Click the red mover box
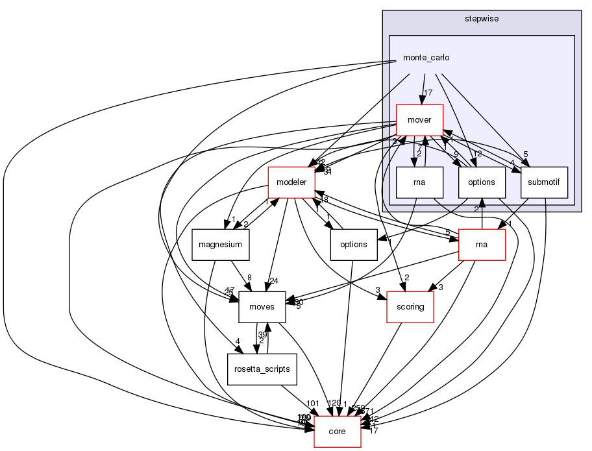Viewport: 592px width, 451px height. [x=419, y=119]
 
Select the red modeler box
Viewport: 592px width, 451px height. [x=291, y=182]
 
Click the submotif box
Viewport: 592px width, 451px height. [x=544, y=182]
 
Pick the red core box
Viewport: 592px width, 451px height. [x=337, y=432]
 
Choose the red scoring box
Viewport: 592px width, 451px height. [x=410, y=307]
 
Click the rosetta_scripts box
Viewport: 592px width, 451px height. [x=262, y=369]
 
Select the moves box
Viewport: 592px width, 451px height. [x=262, y=307]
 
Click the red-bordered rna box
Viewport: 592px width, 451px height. [x=481, y=245]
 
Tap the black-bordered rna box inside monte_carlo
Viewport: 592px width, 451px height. [x=419, y=182]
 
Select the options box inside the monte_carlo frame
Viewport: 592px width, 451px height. [x=481, y=182]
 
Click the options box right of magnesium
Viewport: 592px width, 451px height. [x=354, y=245]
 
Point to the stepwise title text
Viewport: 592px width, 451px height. [x=481, y=19]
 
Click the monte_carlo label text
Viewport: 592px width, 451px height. [x=426, y=58]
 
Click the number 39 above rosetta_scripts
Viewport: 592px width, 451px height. [x=262, y=334]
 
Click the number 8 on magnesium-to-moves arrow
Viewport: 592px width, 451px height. [x=249, y=277]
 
